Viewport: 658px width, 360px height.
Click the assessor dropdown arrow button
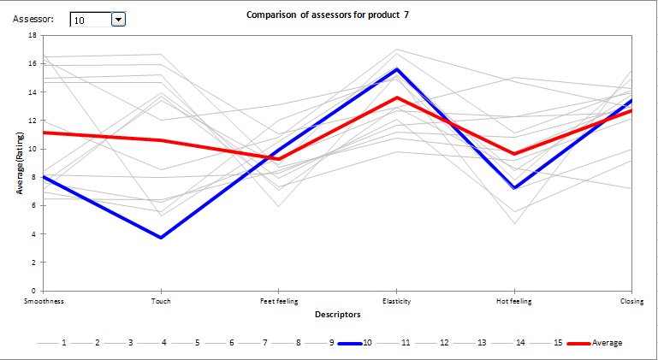coord(118,19)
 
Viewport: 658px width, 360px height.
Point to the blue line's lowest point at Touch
coord(161,237)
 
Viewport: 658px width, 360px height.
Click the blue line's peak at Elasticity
coord(396,69)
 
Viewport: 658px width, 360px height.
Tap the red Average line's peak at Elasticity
coord(396,97)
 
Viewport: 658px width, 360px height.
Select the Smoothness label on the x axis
coord(44,301)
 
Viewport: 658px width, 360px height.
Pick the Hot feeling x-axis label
coord(513,301)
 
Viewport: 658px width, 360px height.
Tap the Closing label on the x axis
coord(631,301)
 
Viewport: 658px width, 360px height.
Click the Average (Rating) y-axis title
coord(19,162)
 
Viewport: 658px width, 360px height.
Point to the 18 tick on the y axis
coord(32,35)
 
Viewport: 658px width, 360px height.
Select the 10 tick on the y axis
coord(32,149)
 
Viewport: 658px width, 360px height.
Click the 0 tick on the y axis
coord(33,291)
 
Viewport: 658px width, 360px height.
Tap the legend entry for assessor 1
coord(64,343)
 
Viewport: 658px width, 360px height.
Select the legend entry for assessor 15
coord(557,343)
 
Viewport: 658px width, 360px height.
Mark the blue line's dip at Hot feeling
coord(513,188)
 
